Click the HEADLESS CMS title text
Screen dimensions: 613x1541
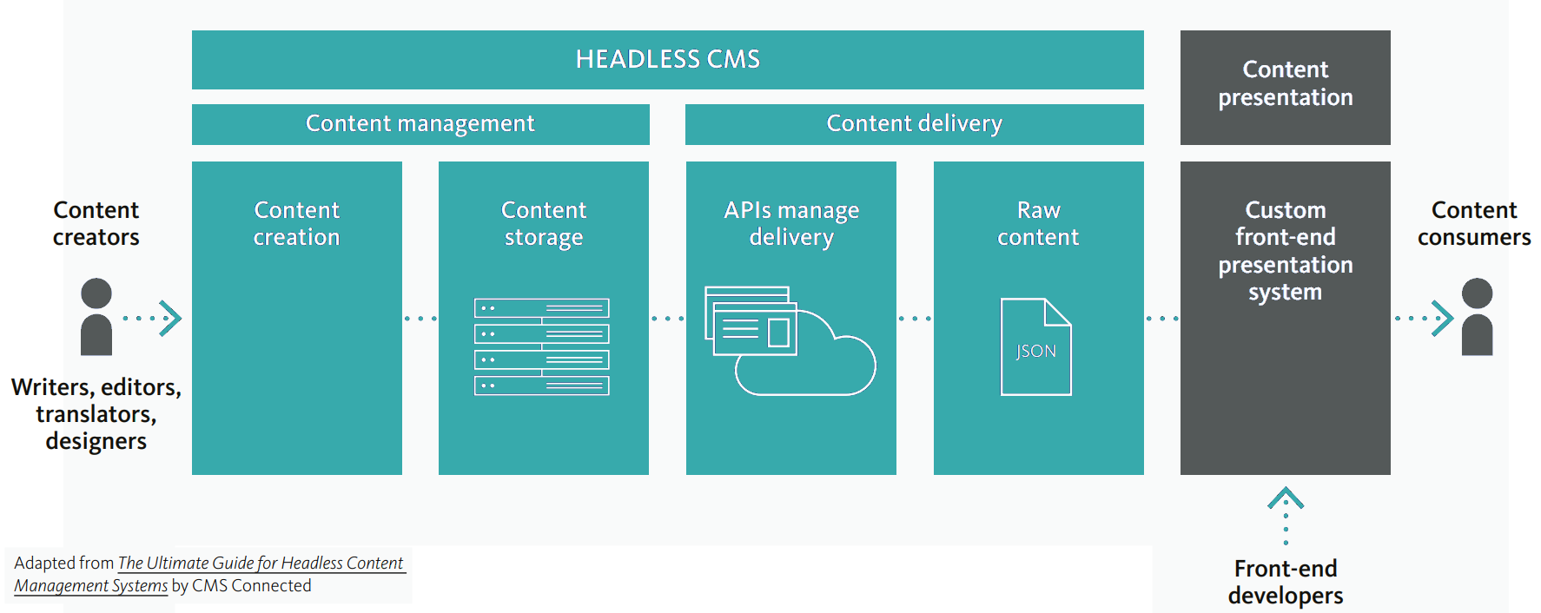coord(667,59)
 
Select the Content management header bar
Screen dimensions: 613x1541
coord(420,124)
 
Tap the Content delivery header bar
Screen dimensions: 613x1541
coord(914,124)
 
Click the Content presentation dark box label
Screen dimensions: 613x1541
coord(1285,83)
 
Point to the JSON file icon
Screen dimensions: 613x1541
coord(1035,347)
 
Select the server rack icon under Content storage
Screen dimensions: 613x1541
coord(542,346)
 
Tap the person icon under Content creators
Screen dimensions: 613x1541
coord(96,317)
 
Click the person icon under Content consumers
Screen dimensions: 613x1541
coord(1477,317)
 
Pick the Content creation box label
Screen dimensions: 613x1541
coord(296,223)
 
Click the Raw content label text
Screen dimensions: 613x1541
coord(1038,223)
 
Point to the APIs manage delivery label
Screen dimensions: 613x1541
coord(791,223)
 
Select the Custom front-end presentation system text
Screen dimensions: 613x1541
coord(1285,251)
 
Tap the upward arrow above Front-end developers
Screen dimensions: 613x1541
coord(1286,499)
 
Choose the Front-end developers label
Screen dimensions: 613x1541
coord(1285,582)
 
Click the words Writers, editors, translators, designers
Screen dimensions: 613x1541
coord(96,413)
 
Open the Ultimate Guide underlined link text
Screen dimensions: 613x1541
coord(261,564)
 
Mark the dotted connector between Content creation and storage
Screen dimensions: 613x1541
coord(420,319)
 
